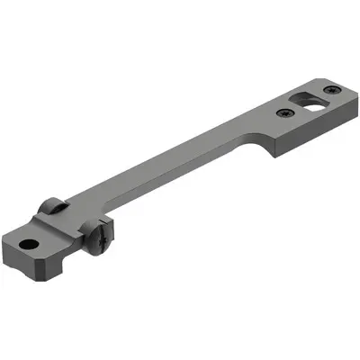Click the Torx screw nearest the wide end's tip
333,88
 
